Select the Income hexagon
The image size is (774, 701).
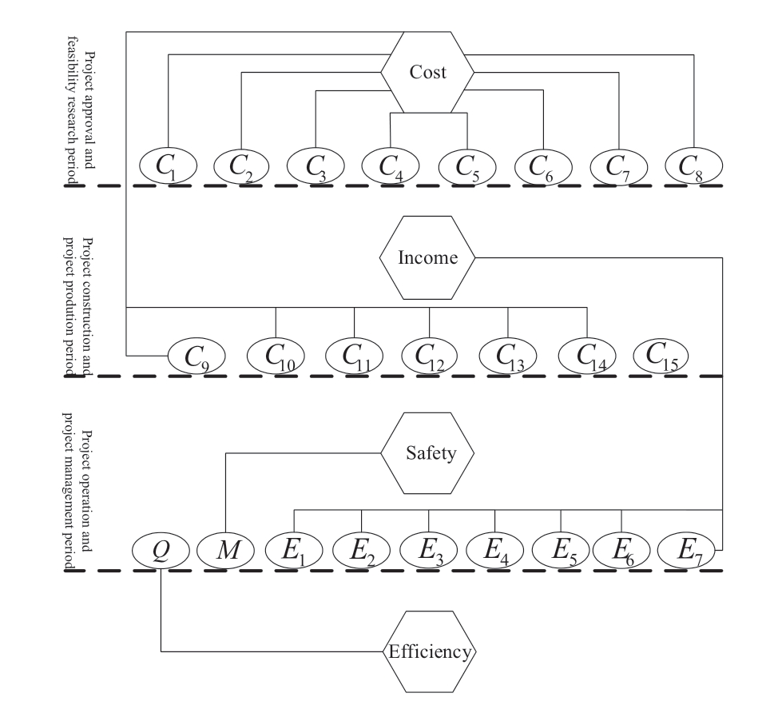click(427, 257)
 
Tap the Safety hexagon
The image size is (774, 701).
click(427, 453)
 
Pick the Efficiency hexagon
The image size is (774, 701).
click(429, 651)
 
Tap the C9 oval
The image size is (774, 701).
click(195, 356)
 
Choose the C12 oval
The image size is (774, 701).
click(430, 356)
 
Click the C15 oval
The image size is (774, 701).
click(661, 354)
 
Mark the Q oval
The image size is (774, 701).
click(161, 550)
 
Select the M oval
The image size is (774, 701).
click(224, 550)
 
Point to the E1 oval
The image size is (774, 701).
click(293, 550)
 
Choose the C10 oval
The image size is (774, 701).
click(276, 356)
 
